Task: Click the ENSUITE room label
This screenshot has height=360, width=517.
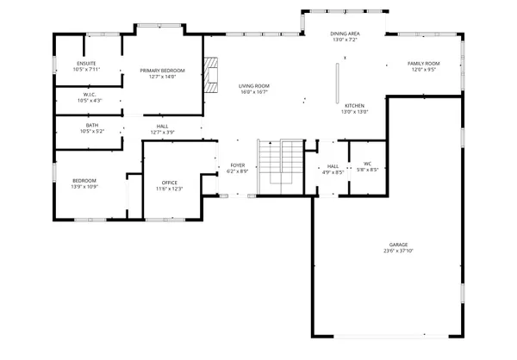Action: coord(87,63)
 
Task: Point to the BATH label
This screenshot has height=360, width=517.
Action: coord(91,125)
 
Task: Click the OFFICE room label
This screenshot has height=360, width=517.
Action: coord(169,183)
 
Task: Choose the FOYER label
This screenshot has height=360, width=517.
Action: coord(237,164)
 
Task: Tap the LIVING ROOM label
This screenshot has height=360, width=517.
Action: coord(254,86)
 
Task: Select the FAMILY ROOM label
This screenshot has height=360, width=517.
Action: coord(424,63)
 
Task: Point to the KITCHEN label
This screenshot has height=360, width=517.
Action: coord(354,105)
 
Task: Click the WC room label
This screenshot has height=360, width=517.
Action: coord(367,163)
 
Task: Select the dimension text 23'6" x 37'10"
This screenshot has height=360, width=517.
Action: coord(398,252)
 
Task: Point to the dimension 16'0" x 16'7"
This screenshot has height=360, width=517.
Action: coord(254,92)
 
